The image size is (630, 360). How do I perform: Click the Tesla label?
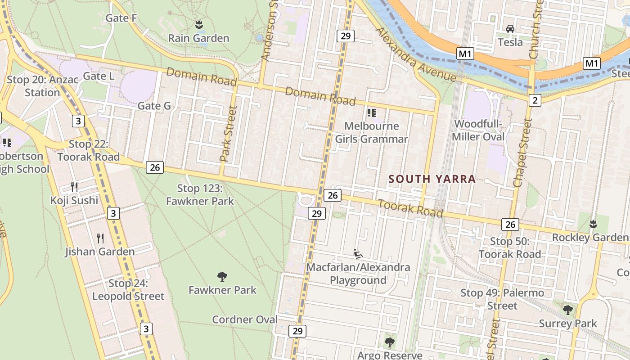(x=510, y=42)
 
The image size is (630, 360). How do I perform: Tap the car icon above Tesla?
(x=510, y=29)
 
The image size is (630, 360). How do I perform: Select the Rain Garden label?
(x=198, y=38)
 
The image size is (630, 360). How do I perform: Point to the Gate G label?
(x=154, y=106)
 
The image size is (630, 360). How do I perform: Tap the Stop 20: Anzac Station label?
(x=42, y=86)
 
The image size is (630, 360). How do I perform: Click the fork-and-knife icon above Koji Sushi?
(x=74, y=187)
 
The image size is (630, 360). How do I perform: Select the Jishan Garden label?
(x=99, y=252)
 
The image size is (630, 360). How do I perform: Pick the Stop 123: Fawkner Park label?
(x=200, y=194)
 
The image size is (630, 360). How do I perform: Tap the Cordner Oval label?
(x=245, y=319)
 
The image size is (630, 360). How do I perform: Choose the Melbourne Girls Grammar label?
(x=371, y=132)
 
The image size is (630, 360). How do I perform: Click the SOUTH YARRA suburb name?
(x=432, y=179)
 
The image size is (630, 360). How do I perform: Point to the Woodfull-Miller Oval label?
(x=478, y=130)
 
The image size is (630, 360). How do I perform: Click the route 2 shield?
(x=535, y=100)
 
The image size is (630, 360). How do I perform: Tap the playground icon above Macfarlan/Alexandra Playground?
(x=358, y=254)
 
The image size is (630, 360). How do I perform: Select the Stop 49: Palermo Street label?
(x=502, y=299)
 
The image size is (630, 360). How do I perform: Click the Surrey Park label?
(x=568, y=323)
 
